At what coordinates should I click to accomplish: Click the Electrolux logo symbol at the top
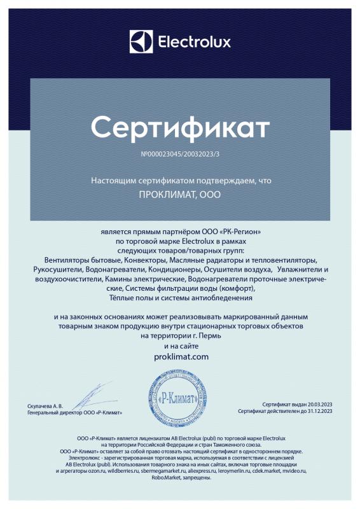[x=141, y=42]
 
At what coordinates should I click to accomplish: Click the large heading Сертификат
[x=180, y=127]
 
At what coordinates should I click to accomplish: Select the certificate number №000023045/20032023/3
[x=180, y=155]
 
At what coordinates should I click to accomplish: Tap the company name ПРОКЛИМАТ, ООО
[x=180, y=194]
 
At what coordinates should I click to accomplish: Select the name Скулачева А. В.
[x=46, y=405]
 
